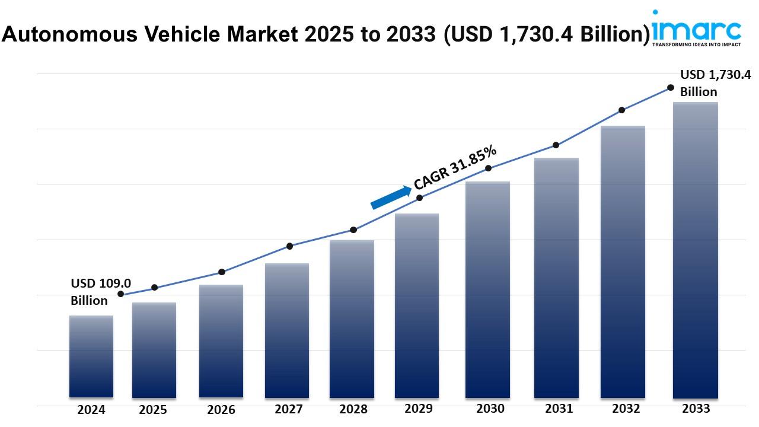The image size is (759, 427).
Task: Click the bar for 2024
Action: point(91,356)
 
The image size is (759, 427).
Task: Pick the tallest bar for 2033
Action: point(696,250)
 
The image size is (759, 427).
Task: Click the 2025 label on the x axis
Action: point(154,410)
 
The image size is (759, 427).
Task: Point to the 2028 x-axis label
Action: point(353,409)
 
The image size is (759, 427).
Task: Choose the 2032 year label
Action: point(626,409)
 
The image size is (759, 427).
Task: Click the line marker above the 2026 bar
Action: point(222,272)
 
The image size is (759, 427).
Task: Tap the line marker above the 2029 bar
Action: point(420,197)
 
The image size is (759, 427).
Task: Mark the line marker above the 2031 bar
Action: point(556,145)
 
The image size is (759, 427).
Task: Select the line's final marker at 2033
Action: point(671,87)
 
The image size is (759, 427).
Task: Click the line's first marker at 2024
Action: point(121,294)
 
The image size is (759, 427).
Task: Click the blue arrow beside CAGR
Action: point(391,197)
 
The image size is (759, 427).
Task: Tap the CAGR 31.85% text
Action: point(455,168)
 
